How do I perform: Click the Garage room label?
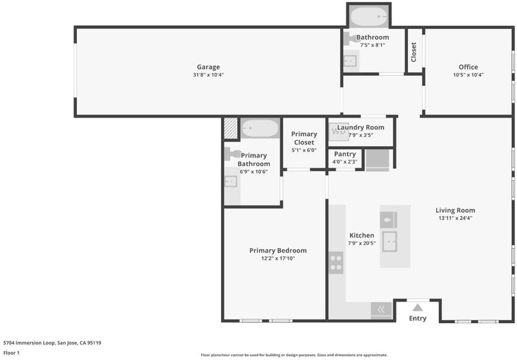click(x=208, y=67)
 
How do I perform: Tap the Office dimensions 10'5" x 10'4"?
click(x=468, y=75)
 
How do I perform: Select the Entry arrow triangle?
click(x=417, y=308)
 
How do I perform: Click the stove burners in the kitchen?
click(x=336, y=263)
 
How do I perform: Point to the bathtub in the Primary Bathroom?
click(x=260, y=128)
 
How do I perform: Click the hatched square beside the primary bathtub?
click(x=231, y=128)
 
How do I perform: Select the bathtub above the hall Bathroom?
click(x=368, y=17)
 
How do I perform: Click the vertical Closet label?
click(x=414, y=52)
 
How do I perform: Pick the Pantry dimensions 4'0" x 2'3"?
click(x=345, y=162)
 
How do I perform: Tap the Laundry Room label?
click(x=361, y=127)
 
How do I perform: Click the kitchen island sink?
click(x=390, y=242)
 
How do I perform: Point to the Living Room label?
click(x=456, y=210)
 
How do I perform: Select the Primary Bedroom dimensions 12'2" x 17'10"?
click(x=278, y=259)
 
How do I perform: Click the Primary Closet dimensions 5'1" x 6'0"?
click(x=304, y=150)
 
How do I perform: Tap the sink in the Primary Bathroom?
click(x=231, y=182)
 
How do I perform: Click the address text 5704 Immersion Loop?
click(x=29, y=343)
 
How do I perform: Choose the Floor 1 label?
click(x=11, y=353)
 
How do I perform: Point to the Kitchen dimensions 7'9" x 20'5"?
click(x=362, y=243)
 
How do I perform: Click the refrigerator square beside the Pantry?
click(x=377, y=160)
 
